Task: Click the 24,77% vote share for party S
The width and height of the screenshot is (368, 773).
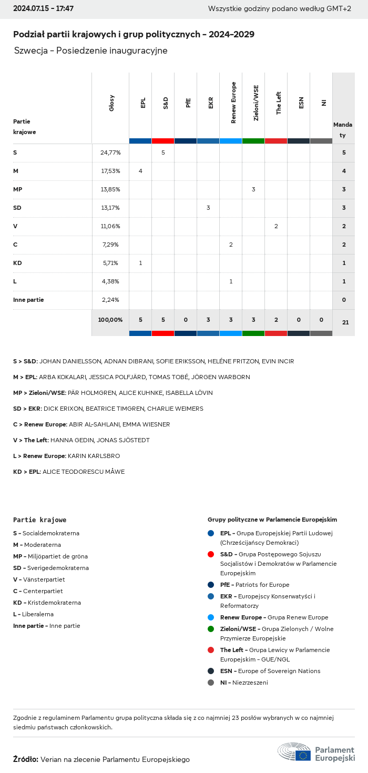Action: pos(110,152)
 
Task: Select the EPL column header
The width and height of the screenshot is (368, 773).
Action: pos(143,103)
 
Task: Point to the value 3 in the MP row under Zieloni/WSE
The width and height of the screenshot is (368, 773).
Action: pos(253,189)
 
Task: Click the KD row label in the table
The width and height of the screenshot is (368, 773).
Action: pos(17,263)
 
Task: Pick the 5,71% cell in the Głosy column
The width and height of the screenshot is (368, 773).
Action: pos(110,263)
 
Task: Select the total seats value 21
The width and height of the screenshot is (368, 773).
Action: pos(345,322)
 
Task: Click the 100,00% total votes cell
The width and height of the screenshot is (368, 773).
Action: pos(110,320)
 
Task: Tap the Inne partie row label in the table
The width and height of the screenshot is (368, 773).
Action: pos(28,300)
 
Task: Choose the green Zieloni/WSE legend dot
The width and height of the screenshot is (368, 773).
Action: pos(211,629)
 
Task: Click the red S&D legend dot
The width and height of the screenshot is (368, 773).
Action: pos(211,554)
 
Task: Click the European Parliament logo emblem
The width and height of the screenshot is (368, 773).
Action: pos(294,752)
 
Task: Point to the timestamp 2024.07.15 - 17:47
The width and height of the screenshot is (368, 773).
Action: pos(43,9)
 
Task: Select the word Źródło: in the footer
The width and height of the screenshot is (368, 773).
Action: pos(25,759)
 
